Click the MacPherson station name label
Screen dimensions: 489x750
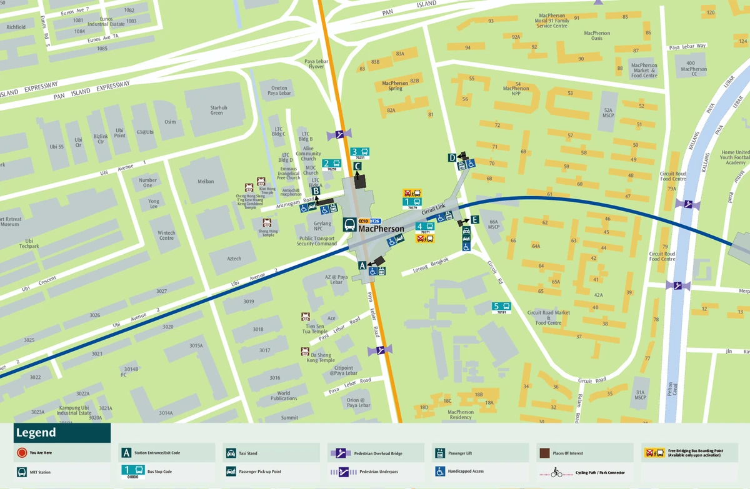pos(381,229)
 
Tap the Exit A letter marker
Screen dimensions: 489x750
pos(362,265)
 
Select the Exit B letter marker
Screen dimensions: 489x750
pos(316,191)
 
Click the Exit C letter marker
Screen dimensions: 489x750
pos(357,166)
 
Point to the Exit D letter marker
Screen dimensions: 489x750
pos(452,158)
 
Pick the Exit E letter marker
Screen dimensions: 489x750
pos(475,220)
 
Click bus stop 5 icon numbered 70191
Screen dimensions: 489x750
pos(501,307)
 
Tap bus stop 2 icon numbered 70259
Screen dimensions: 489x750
pos(331,164)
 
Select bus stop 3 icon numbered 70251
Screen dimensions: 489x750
pos(359,152)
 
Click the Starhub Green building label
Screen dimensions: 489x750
pos(217,110)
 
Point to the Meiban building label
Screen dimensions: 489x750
pos(206,182)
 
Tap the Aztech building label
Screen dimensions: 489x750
pos(234,258)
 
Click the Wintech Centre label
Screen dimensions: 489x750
pos(166,235)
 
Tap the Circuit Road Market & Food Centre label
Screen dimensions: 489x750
pos(548,318)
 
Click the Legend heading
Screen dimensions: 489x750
pos(36,433)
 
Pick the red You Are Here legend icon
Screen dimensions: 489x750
pos(22,453)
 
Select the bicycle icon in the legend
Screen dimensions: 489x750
pos(556,472)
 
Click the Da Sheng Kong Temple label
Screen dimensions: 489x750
pos(321,357)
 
